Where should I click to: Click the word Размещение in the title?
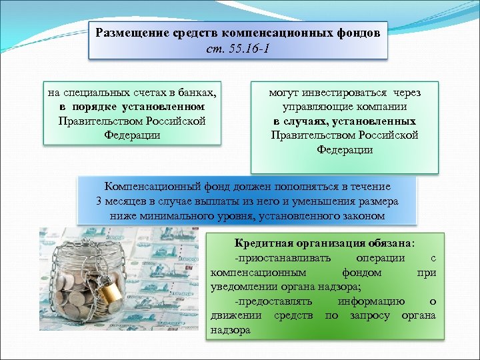tap(127, 33)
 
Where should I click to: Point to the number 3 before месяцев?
tap(99, 201)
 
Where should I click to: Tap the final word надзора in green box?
tap(230, 329)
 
